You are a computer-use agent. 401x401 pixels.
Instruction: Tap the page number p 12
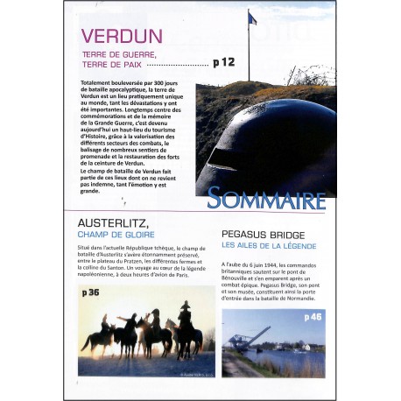click(x=224, y=63)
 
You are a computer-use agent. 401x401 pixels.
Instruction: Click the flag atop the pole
click(x=253, y=18)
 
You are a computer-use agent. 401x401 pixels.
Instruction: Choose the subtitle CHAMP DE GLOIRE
click(x=116, y=235)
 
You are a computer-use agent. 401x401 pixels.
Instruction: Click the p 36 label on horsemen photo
click(x=90, y=292)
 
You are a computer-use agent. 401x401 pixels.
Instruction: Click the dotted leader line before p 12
click(x=176, y=66)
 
